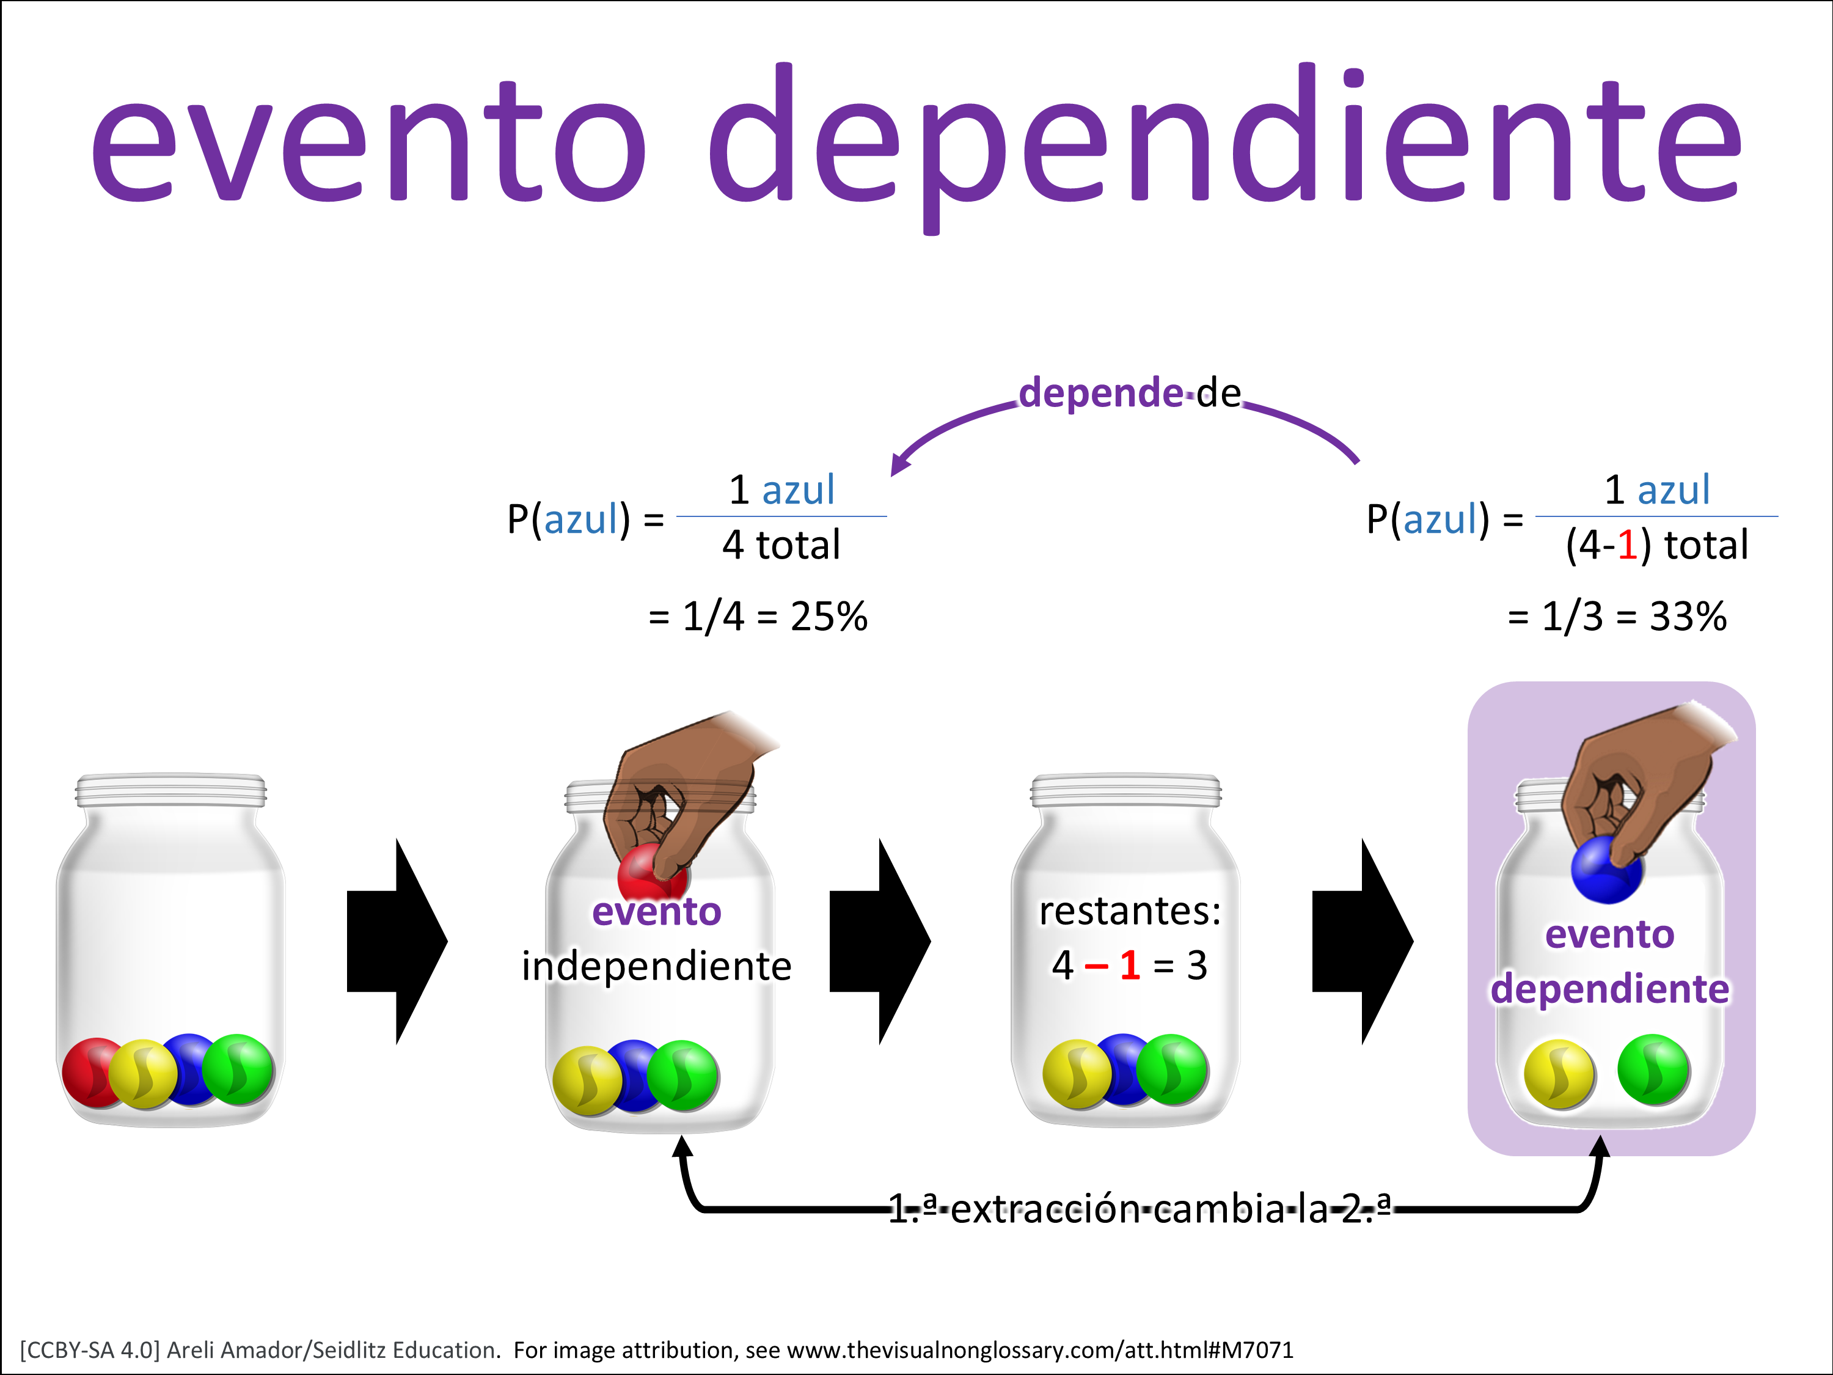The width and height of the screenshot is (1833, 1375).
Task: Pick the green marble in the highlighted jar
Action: (1654, 1070)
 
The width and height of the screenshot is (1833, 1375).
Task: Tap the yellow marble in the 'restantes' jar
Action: (1077, 1074)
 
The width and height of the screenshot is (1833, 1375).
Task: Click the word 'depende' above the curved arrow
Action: (1100, 393)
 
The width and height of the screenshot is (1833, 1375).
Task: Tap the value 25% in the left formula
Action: (829, 617)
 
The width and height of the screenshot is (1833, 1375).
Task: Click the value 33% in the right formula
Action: (1688, 617)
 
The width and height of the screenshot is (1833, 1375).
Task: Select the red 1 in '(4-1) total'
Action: (1626, 545)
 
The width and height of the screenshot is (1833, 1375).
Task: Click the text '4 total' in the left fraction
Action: (781, 545)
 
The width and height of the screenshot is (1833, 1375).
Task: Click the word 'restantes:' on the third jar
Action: (1130, 911)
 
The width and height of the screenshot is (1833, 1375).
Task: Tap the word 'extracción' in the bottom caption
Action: (1047, 1209)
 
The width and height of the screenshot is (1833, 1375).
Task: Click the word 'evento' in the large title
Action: (369, 141)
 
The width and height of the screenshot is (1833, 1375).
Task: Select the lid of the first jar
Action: (170, 791)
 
